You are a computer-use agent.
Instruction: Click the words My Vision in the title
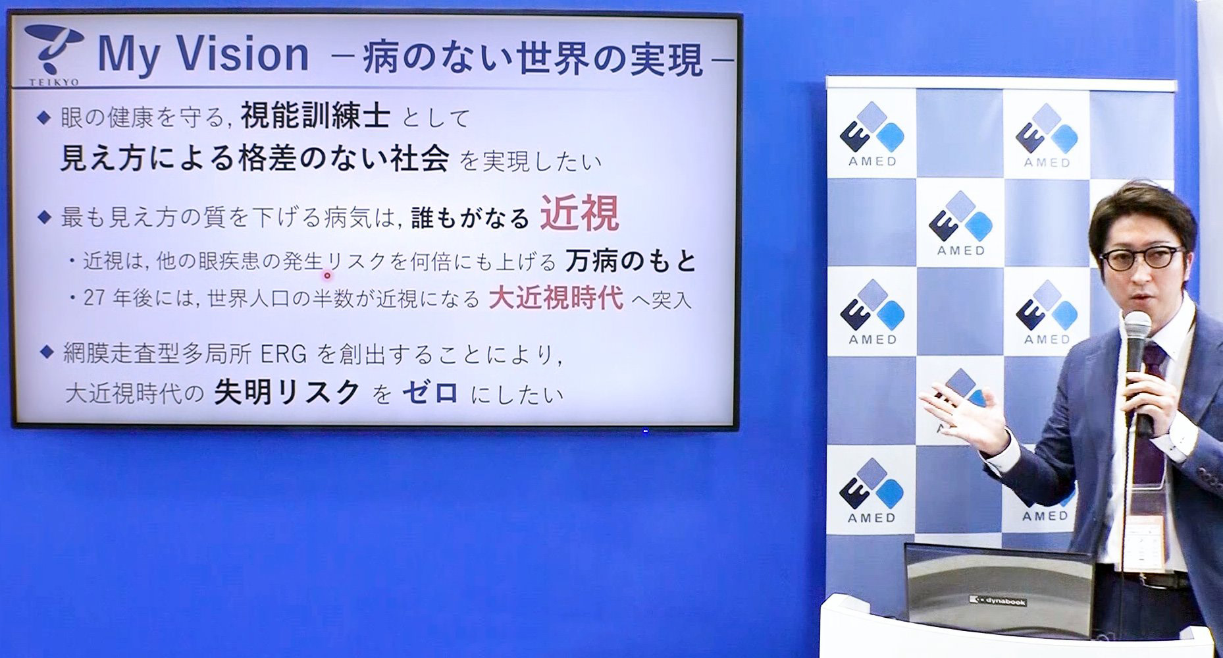203,55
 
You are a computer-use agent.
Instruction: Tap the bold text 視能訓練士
315,117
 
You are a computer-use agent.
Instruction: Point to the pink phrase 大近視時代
556,298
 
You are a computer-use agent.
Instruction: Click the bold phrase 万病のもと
631,261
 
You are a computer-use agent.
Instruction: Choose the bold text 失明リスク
287,393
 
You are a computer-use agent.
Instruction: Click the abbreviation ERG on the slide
284,354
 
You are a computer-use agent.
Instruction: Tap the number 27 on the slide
94,298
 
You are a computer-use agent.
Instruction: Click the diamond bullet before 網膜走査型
45,352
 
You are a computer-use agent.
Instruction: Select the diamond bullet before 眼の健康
44,117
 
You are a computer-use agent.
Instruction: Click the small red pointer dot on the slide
326,275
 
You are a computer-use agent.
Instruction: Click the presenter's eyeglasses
1141,258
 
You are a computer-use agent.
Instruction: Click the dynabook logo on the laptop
998,601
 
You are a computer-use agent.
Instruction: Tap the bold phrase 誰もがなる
470,218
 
